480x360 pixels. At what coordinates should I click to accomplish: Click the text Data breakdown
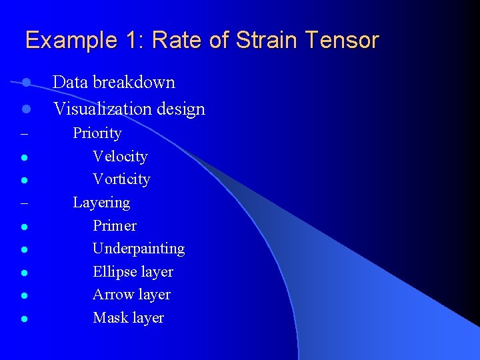[114, 83]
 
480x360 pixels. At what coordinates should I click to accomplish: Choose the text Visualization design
[129, 109]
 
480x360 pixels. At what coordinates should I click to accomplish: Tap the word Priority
[97, 133]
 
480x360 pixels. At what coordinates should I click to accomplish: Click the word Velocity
[120, 157]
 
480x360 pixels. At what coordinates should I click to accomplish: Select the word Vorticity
[121, 179]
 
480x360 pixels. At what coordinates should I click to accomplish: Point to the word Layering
[101, 203]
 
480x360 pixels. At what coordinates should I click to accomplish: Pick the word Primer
[115, 225]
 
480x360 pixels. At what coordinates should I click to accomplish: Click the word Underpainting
[139, 249]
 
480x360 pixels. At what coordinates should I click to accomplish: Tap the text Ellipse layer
[133, 272]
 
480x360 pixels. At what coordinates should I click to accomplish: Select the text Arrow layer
[131, 295]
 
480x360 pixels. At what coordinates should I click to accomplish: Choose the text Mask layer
[128, 318]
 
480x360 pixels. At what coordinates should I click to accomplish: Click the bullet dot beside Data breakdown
[25, 83]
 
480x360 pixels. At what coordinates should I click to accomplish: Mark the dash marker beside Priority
[24, 134]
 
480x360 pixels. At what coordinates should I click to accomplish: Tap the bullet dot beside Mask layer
[23, 319]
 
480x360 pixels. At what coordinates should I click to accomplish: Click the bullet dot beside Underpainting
[23, 249]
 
